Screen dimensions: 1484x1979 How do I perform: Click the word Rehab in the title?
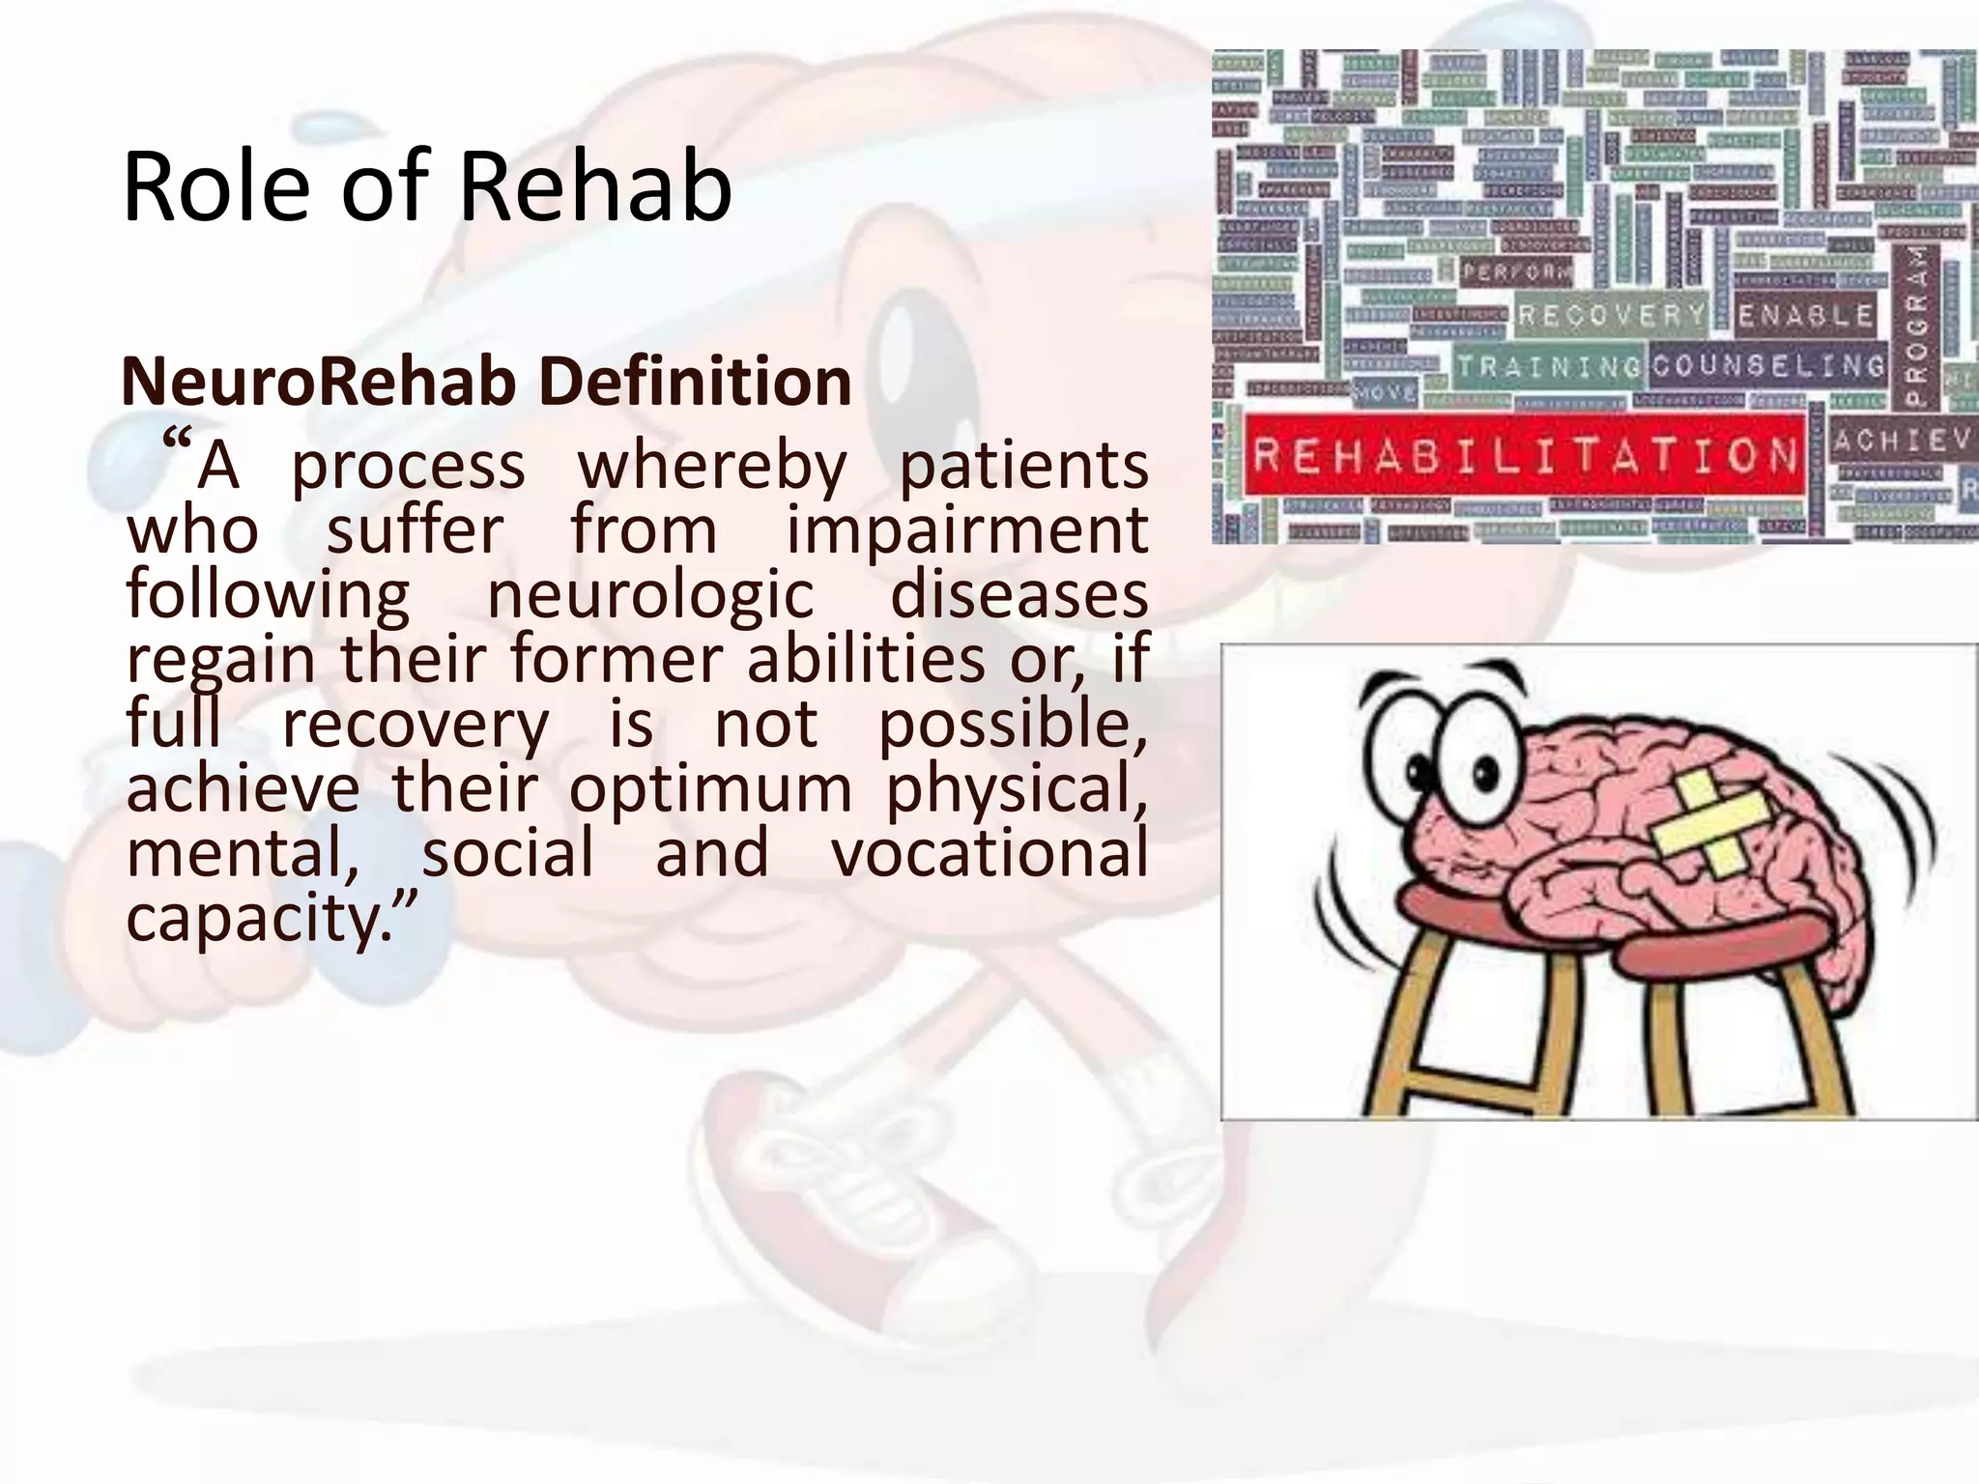[x=593, y=186]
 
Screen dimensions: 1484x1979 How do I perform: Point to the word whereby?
[x=712, y=467]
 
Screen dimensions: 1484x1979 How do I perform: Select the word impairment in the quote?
[x=966, y=531]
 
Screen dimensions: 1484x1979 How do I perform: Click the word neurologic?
[x=650, y=595]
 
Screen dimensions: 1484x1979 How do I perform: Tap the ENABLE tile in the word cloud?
[x=1805, y=315]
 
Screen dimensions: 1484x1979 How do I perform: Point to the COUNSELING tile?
[x=1767, y=366]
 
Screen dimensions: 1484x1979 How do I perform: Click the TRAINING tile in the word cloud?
[x=1549, y=367]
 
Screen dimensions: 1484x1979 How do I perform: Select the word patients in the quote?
[x=1024, y=467]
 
